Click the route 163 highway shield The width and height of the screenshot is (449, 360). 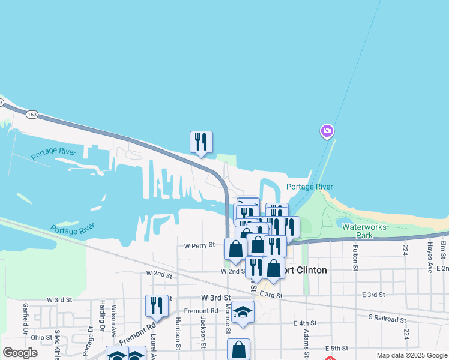tap(32, 114)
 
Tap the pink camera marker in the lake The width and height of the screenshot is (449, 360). tap(327, 131)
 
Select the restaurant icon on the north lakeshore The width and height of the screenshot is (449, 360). tap(201, 142)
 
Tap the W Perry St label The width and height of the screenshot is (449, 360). tap(199, 245)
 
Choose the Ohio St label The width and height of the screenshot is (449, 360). tap(41, 338)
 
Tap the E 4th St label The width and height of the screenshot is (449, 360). tap(305, 323)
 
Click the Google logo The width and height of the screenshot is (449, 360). tap(20, 353)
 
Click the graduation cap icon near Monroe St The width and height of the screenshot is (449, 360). tap(243, 312)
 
